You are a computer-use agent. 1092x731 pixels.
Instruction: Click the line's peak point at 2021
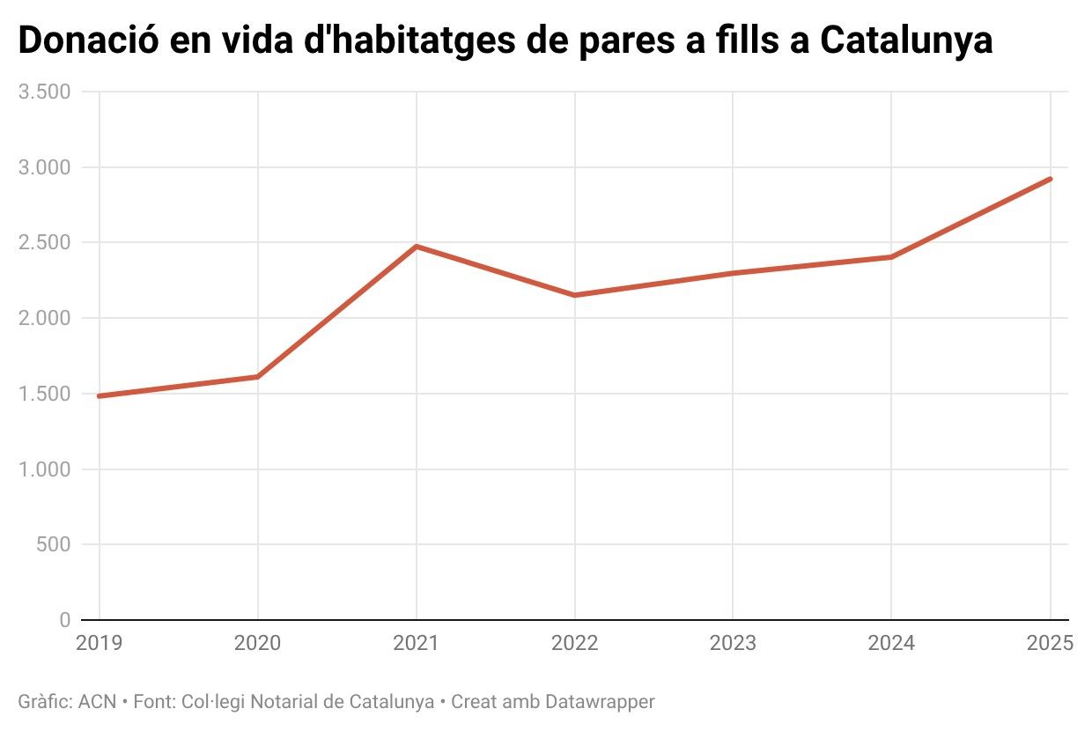[416, 246]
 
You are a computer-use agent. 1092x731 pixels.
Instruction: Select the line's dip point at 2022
[574, 295]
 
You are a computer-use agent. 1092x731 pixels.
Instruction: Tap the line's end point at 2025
[1050, 179]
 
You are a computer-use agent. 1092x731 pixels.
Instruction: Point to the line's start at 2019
[100, 396]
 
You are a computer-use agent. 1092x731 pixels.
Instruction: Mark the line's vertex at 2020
[257, 377]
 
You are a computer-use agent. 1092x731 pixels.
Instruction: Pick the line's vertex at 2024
[891, 257]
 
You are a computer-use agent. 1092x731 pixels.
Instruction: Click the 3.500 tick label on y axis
[44, 92]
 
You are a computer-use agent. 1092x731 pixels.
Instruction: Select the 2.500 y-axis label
[44, 243]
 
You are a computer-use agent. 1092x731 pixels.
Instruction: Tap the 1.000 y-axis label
[44, 469]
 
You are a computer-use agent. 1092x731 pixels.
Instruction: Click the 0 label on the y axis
[64, 620]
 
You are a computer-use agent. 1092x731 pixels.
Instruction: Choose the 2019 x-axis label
[100, 643]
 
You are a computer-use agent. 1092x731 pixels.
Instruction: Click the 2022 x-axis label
[574, 643]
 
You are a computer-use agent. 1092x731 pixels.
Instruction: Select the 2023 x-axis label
[733, 643]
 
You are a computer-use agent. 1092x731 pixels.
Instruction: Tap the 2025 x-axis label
[1049, 643]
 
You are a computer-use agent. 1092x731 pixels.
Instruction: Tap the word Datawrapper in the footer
[601, 702]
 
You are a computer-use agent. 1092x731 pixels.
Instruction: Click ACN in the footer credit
[97, 702]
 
